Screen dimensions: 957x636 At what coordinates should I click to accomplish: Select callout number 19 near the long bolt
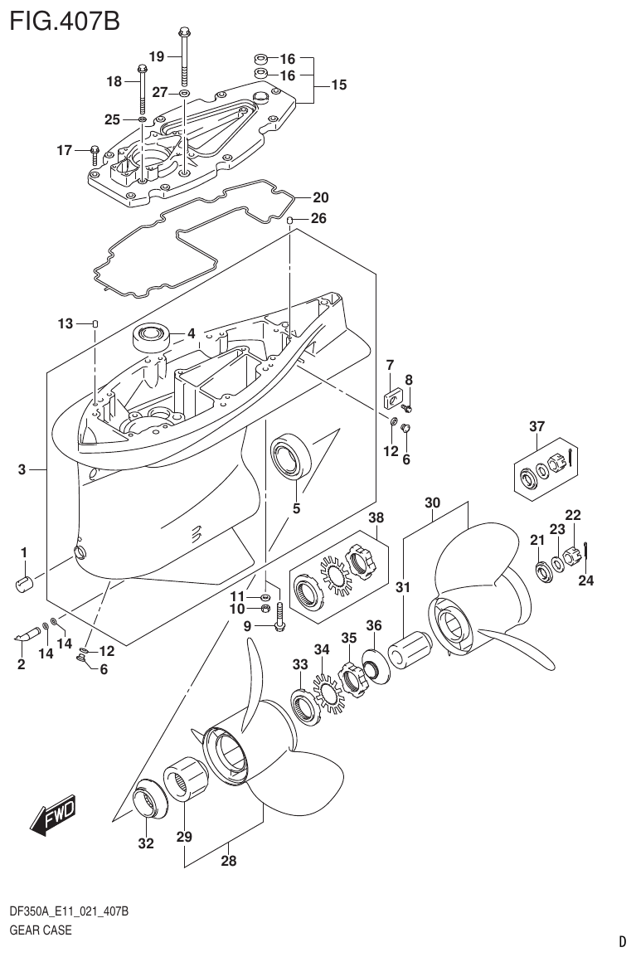[x=157, y=56]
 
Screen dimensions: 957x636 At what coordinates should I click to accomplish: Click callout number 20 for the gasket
[x=320, y=197]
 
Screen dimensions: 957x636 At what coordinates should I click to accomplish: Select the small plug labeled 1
[x=24, y=582]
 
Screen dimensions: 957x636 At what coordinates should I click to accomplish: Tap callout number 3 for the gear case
[x=22, y=470]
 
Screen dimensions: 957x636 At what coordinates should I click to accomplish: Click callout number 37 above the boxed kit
[x=536, y=426]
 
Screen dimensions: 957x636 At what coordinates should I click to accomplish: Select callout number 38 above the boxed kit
[x=376, y=518]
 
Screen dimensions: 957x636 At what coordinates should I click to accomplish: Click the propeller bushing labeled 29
[x=190, y=780]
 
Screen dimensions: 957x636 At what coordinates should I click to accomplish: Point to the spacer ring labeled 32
[x=148, y=802]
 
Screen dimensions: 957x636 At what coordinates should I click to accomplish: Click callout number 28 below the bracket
[x=228, y=861]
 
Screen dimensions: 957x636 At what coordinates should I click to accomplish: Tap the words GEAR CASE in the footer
[x=40, y=930]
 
